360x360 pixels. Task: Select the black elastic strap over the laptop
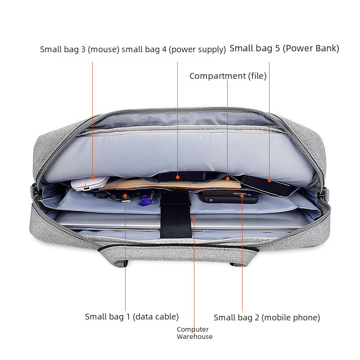175,215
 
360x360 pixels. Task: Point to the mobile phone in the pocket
229,197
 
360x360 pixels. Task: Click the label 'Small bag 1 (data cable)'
132,317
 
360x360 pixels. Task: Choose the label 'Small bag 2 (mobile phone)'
267,318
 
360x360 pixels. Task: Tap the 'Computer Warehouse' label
194,333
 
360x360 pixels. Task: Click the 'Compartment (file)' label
228,76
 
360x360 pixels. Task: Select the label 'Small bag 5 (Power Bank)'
284,49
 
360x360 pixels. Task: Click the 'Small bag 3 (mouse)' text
80,49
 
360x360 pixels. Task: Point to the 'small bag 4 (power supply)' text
174,49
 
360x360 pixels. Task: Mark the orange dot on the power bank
269,180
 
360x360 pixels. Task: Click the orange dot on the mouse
93,177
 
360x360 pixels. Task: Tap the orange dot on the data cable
125,196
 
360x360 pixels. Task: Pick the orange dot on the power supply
177,177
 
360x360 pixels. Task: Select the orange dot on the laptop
194,219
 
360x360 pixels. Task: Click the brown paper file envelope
170,184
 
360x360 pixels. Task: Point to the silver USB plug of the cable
126,200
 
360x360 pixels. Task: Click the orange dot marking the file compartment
228,178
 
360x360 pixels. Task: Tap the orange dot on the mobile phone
242,196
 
